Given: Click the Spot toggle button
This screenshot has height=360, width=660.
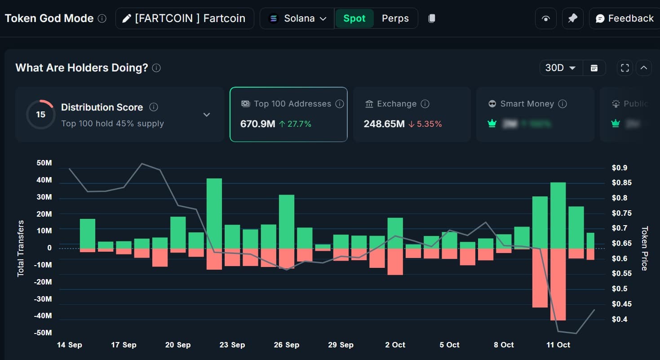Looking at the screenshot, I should (x=354, y=18).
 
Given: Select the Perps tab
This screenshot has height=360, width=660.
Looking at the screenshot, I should (x=395, y=18).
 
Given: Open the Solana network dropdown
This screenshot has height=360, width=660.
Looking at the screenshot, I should (x=297, y=18).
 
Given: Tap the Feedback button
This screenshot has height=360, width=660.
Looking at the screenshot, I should (x=625, y=18).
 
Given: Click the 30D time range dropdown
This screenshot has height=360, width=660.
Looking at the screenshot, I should (x=560, y=68).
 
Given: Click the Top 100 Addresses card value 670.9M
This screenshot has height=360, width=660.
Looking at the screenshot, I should (x=257, y=124).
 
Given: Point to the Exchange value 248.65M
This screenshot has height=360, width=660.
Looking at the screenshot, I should (x=384, y=124).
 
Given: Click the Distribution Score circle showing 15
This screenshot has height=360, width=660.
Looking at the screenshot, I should (x=40, y=115).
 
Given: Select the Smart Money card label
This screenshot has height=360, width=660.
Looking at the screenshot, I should (x=527, y=104).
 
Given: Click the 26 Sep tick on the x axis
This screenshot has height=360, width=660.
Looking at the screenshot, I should (x=286, y=345).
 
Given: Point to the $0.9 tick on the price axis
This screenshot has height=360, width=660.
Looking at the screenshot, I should (x=619, y=168).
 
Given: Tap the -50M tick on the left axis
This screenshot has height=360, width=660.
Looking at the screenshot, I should (x=43, y=333).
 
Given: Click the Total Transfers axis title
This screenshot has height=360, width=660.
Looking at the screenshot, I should (x=21, y=248).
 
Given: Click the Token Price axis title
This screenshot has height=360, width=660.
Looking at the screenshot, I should (x=644, y=248).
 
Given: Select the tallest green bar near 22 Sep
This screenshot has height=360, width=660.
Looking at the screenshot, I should (x=214, y=213).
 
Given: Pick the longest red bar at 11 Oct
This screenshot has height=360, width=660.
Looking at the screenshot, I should (x=558, y=284).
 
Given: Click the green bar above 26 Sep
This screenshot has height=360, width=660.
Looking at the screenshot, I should (x=286, y=221).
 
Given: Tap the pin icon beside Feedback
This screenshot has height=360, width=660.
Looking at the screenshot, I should (x=572, y=18).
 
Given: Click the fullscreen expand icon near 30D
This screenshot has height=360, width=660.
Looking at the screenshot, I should (x=625, y=68).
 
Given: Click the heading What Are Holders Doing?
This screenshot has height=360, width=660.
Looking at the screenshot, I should (x=81, y=68).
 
